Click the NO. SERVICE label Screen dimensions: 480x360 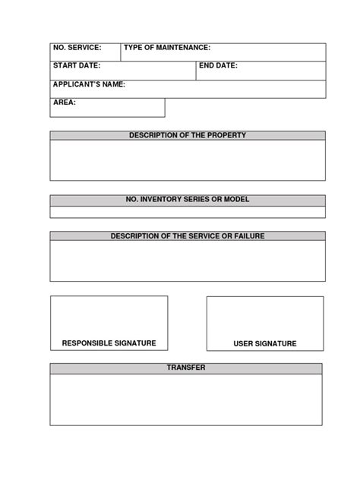pos(77,48)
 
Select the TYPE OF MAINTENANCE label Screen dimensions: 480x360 pos(167,48)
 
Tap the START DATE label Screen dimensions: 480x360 pos(76,66)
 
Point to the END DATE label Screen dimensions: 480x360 pos(219,66)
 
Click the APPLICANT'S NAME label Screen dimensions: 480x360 pos(89,84)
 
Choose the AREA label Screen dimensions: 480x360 pos(65,102)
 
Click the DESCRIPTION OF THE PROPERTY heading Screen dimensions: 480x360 pos(188,135)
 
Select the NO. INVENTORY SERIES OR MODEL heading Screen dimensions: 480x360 pos(188,200)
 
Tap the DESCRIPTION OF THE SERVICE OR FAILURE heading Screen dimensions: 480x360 pos(188,236)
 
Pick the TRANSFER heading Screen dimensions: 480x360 pos(186,368)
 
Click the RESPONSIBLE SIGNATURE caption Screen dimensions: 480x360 pos(109,343)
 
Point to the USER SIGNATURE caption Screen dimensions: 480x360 pos(265,344)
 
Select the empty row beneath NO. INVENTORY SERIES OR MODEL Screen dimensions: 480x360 pos(188,213)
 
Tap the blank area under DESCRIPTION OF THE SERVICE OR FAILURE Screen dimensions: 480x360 pos(188,261)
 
